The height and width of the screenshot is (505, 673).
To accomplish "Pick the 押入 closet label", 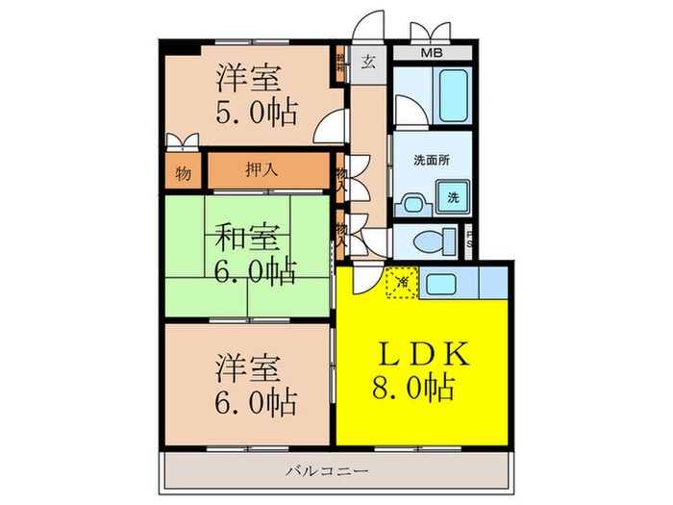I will (262, 171).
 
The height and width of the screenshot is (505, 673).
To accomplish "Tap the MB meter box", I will (431, 53).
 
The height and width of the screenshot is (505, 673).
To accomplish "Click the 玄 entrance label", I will (368, 63).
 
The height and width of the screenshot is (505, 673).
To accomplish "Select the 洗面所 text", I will (431, 159).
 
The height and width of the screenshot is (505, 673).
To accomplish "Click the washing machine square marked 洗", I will (453, 198).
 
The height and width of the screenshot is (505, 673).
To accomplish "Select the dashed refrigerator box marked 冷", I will (401, 284).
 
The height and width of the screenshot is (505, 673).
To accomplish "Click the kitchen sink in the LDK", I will (442, 284).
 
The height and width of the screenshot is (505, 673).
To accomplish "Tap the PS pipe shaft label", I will (470, 239).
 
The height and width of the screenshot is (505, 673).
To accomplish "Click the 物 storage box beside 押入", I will (183, 175).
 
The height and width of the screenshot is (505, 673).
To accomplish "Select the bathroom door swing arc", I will (405, 111).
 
